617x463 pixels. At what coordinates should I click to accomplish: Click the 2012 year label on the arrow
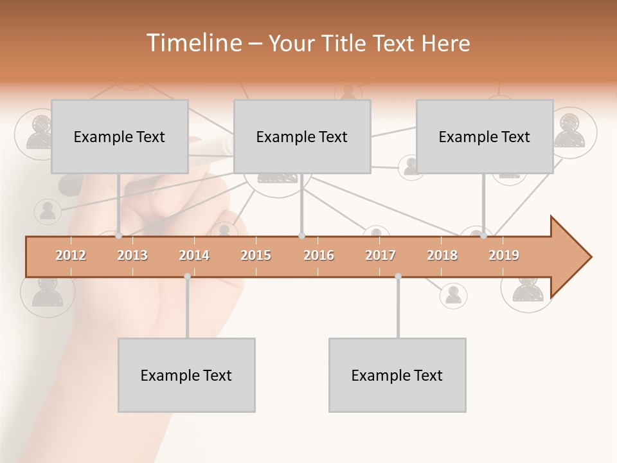coord(71,255)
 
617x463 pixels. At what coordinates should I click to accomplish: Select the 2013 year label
coord(132,255)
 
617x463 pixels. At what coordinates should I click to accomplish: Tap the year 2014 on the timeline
coord(194,255)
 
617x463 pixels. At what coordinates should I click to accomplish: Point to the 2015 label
coord(256,255)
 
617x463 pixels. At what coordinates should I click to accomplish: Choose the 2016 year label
coord(318,255)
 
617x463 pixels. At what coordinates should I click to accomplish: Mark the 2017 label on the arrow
coord(380,255)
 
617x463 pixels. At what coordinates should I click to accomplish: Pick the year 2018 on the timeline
coord(442,255)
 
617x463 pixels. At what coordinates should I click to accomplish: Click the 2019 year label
coord(504,255)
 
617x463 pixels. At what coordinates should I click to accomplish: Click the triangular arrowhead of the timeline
coord(569,257)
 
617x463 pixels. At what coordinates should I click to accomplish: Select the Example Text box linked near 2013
coord(120,136)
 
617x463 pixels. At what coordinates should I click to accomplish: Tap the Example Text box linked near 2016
coord(302,136)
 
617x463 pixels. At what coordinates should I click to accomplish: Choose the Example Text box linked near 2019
coord(485,136)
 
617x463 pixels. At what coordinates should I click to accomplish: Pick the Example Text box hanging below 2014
coord(186,375)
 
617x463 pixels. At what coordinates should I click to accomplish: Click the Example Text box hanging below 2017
coord(397,375)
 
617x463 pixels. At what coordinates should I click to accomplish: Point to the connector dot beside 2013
coord(119,236)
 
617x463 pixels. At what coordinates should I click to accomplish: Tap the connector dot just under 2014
coord(187,277)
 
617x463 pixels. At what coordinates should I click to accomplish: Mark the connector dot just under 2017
coord(398,277)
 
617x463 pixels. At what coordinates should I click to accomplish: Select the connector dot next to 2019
coord(483,236)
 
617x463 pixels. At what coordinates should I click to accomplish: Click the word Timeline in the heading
coord(193,43)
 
